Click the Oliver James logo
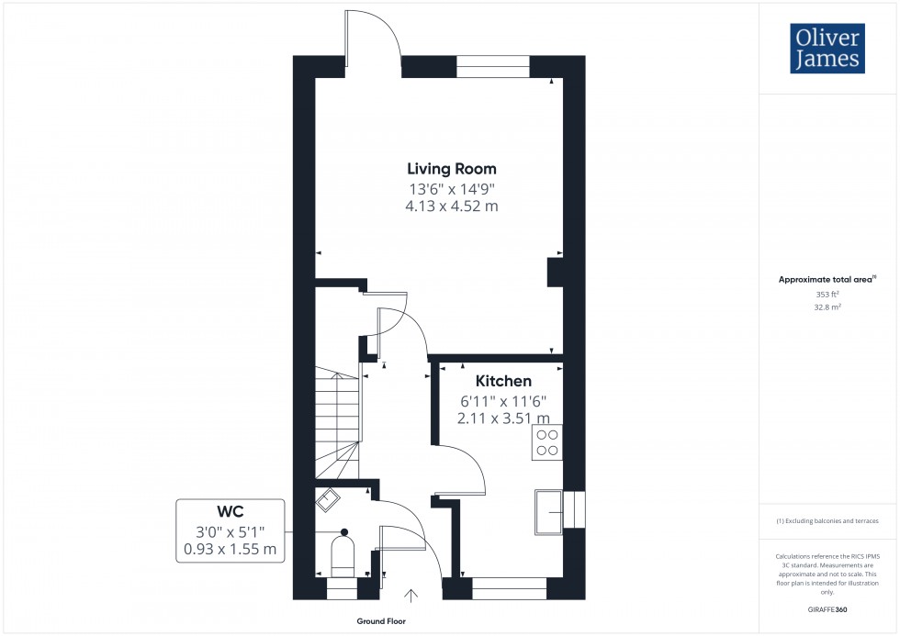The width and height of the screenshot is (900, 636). [827, 48]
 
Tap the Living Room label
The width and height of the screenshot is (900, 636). [452, 169]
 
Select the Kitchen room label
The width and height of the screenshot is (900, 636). [502, 381]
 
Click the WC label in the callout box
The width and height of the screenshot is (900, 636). [231, 511]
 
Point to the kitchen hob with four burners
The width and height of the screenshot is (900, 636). [547, 442]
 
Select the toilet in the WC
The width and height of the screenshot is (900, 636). [342, 552]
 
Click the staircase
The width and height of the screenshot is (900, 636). [336, 422]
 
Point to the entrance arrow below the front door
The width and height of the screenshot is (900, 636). [411, 595]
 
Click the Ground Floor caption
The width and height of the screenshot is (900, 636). [383, 621]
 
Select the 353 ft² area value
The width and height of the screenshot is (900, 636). [827, 295]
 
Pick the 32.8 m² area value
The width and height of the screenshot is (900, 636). [827, 308]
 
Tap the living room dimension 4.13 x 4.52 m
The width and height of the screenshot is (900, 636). [452, 206]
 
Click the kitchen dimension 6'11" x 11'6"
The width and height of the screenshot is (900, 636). [502, 401]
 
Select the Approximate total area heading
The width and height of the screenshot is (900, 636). [826, 279]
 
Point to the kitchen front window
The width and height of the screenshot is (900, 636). [508, 583]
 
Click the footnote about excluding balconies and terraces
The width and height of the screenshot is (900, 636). [827, 520]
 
